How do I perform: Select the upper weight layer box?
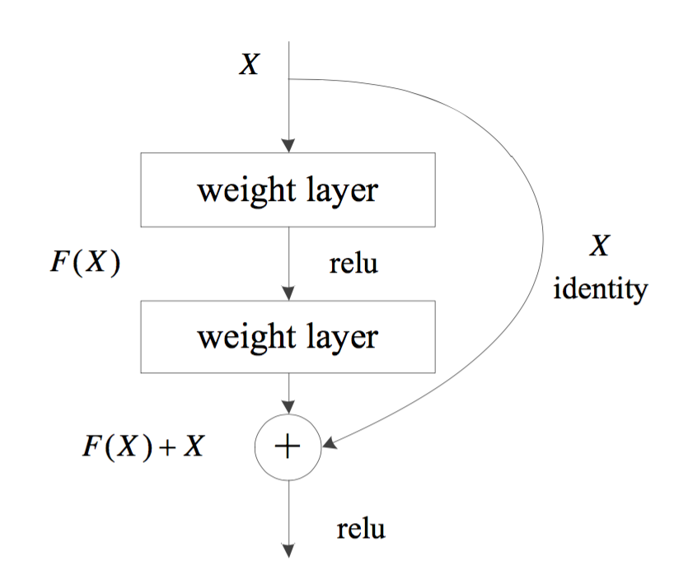288,189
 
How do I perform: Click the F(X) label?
85,265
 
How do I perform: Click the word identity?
600,289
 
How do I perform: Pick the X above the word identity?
599,246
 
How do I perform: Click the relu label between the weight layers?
353,265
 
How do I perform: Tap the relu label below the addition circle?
360,527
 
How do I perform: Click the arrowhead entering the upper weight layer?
288,146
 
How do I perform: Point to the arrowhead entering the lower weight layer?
288,294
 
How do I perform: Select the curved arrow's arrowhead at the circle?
329,445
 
